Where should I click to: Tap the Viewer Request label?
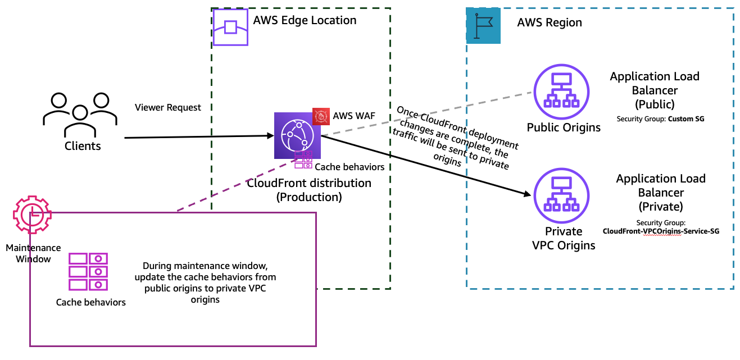[x=167, y=107]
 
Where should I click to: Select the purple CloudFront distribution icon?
[x=297, y=136]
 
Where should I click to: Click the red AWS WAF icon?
[x=321, y=116]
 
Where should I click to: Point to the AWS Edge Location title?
[x=305, y=21]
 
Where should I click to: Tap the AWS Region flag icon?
[x=483, y=26]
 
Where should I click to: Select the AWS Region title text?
[x=550, y=23]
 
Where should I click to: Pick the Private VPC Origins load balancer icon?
[x=561, y=195]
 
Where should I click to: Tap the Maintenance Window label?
[x=33, y=253]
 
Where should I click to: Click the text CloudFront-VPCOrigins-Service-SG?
[x=661, y=231]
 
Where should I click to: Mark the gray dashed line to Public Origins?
[x=427, y=113]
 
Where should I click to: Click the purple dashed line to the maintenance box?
[x=236, y=185]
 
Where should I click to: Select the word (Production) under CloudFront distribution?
[x=309, y=197]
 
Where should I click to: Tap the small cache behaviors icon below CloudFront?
[x=303, y=160]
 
